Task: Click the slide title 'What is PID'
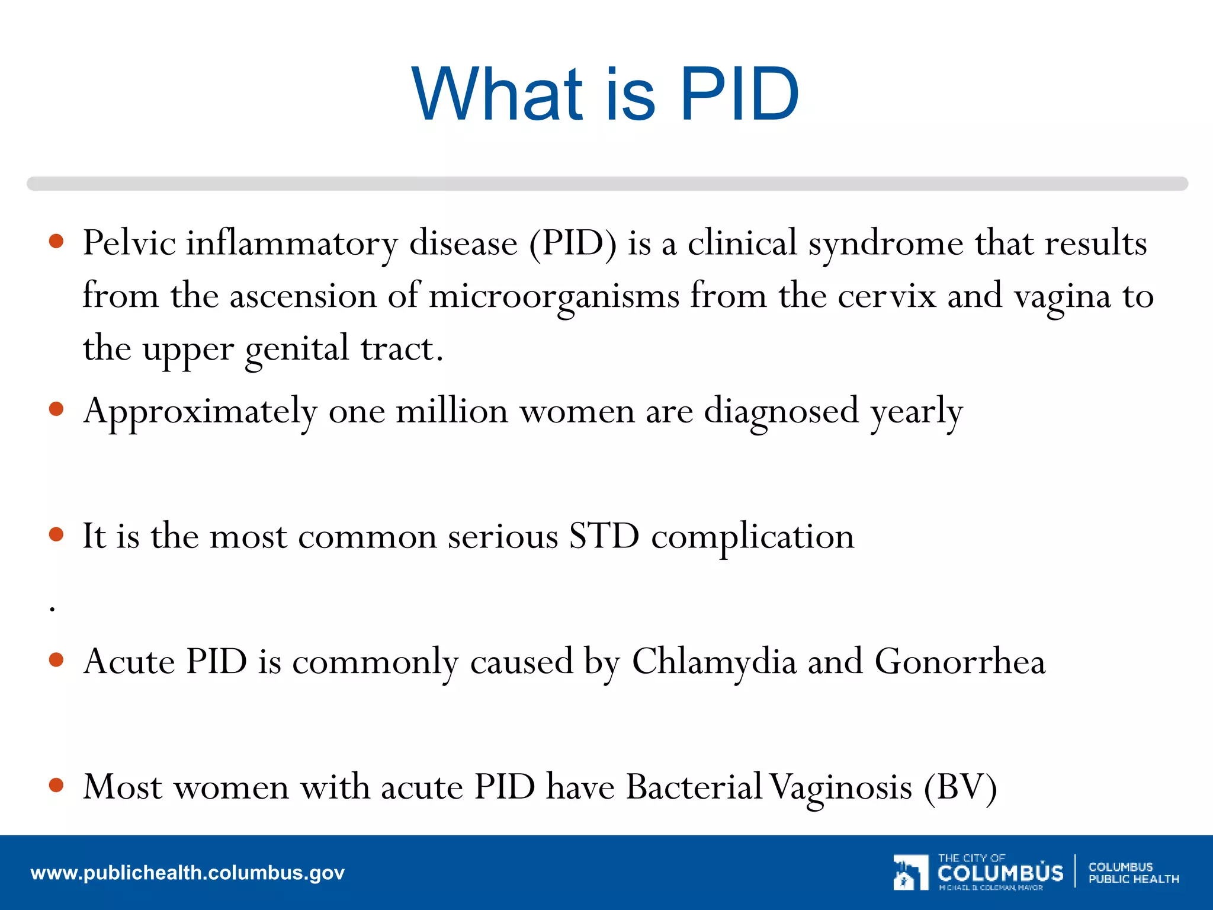click(605, 95)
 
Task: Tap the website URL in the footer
click(187, 873)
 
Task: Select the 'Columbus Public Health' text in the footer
click(1133, 873)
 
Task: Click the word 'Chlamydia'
click(714, 661)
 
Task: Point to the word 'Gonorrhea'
click(960, 661)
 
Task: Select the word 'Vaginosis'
click(842, 788)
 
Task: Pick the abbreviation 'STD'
click(604, 536)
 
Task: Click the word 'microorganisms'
click(553, 296)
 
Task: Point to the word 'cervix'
click(887, 296)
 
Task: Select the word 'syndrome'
click(886, 244)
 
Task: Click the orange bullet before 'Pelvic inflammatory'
click(56, 241)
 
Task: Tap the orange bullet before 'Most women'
click(56, 785)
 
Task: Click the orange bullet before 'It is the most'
click(56, 534)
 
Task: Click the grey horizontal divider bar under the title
click(606, 184)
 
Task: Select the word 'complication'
click(752, 537)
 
